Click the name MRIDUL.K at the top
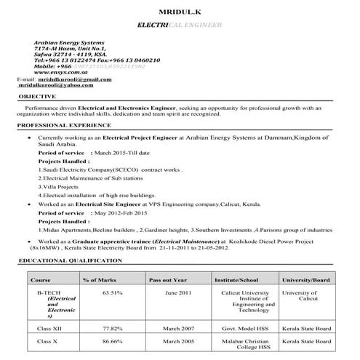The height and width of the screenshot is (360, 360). pyautogui.click(x=180, y=11)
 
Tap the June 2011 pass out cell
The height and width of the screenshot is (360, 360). pyautogui.click(x=177, y=293)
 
